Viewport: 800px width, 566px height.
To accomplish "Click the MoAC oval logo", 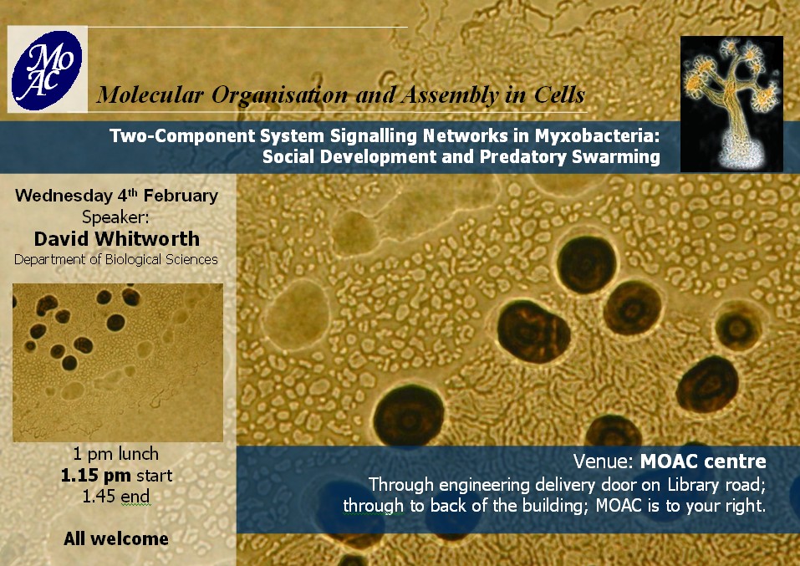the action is pyautogui.click(x=47, y=70).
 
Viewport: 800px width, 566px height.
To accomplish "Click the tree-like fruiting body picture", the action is pyautogui.click(x=731, y=104).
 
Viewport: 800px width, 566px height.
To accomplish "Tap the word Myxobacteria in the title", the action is pyautogui.click(x=598, y=135).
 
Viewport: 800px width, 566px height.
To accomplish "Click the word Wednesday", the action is pyautogui.click(x=64, y=196).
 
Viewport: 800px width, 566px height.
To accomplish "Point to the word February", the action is pyautogui.click(x=181, y=196).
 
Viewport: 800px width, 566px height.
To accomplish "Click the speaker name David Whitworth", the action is pyautogui.click(x=117, y=239).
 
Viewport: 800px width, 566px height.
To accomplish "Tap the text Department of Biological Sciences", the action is pyautogui.click(x=116, y=260).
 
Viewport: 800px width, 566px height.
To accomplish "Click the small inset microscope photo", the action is pyautogui.click(x=118, y=362).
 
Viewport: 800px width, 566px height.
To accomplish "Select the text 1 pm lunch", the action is pyautogui.click(x=116, y=454).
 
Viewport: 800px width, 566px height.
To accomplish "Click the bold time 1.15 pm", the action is pyautogui.click(x=96, y=476).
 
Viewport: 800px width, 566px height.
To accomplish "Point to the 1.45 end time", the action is pyautogui.click(x=116, y=496).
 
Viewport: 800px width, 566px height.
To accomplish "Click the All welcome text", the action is pyautogui.click(x=116, y=538).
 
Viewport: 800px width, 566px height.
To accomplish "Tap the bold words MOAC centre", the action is pyautogui.click(x=703, y=461).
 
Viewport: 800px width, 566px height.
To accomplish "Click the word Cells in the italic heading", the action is pyautogui.click(x=559, y=95).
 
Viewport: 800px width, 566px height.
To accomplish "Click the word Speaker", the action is pyautogui.click(x=116, y=217).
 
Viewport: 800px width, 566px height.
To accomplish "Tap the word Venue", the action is pyautogui.click(x=604, y=461).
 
